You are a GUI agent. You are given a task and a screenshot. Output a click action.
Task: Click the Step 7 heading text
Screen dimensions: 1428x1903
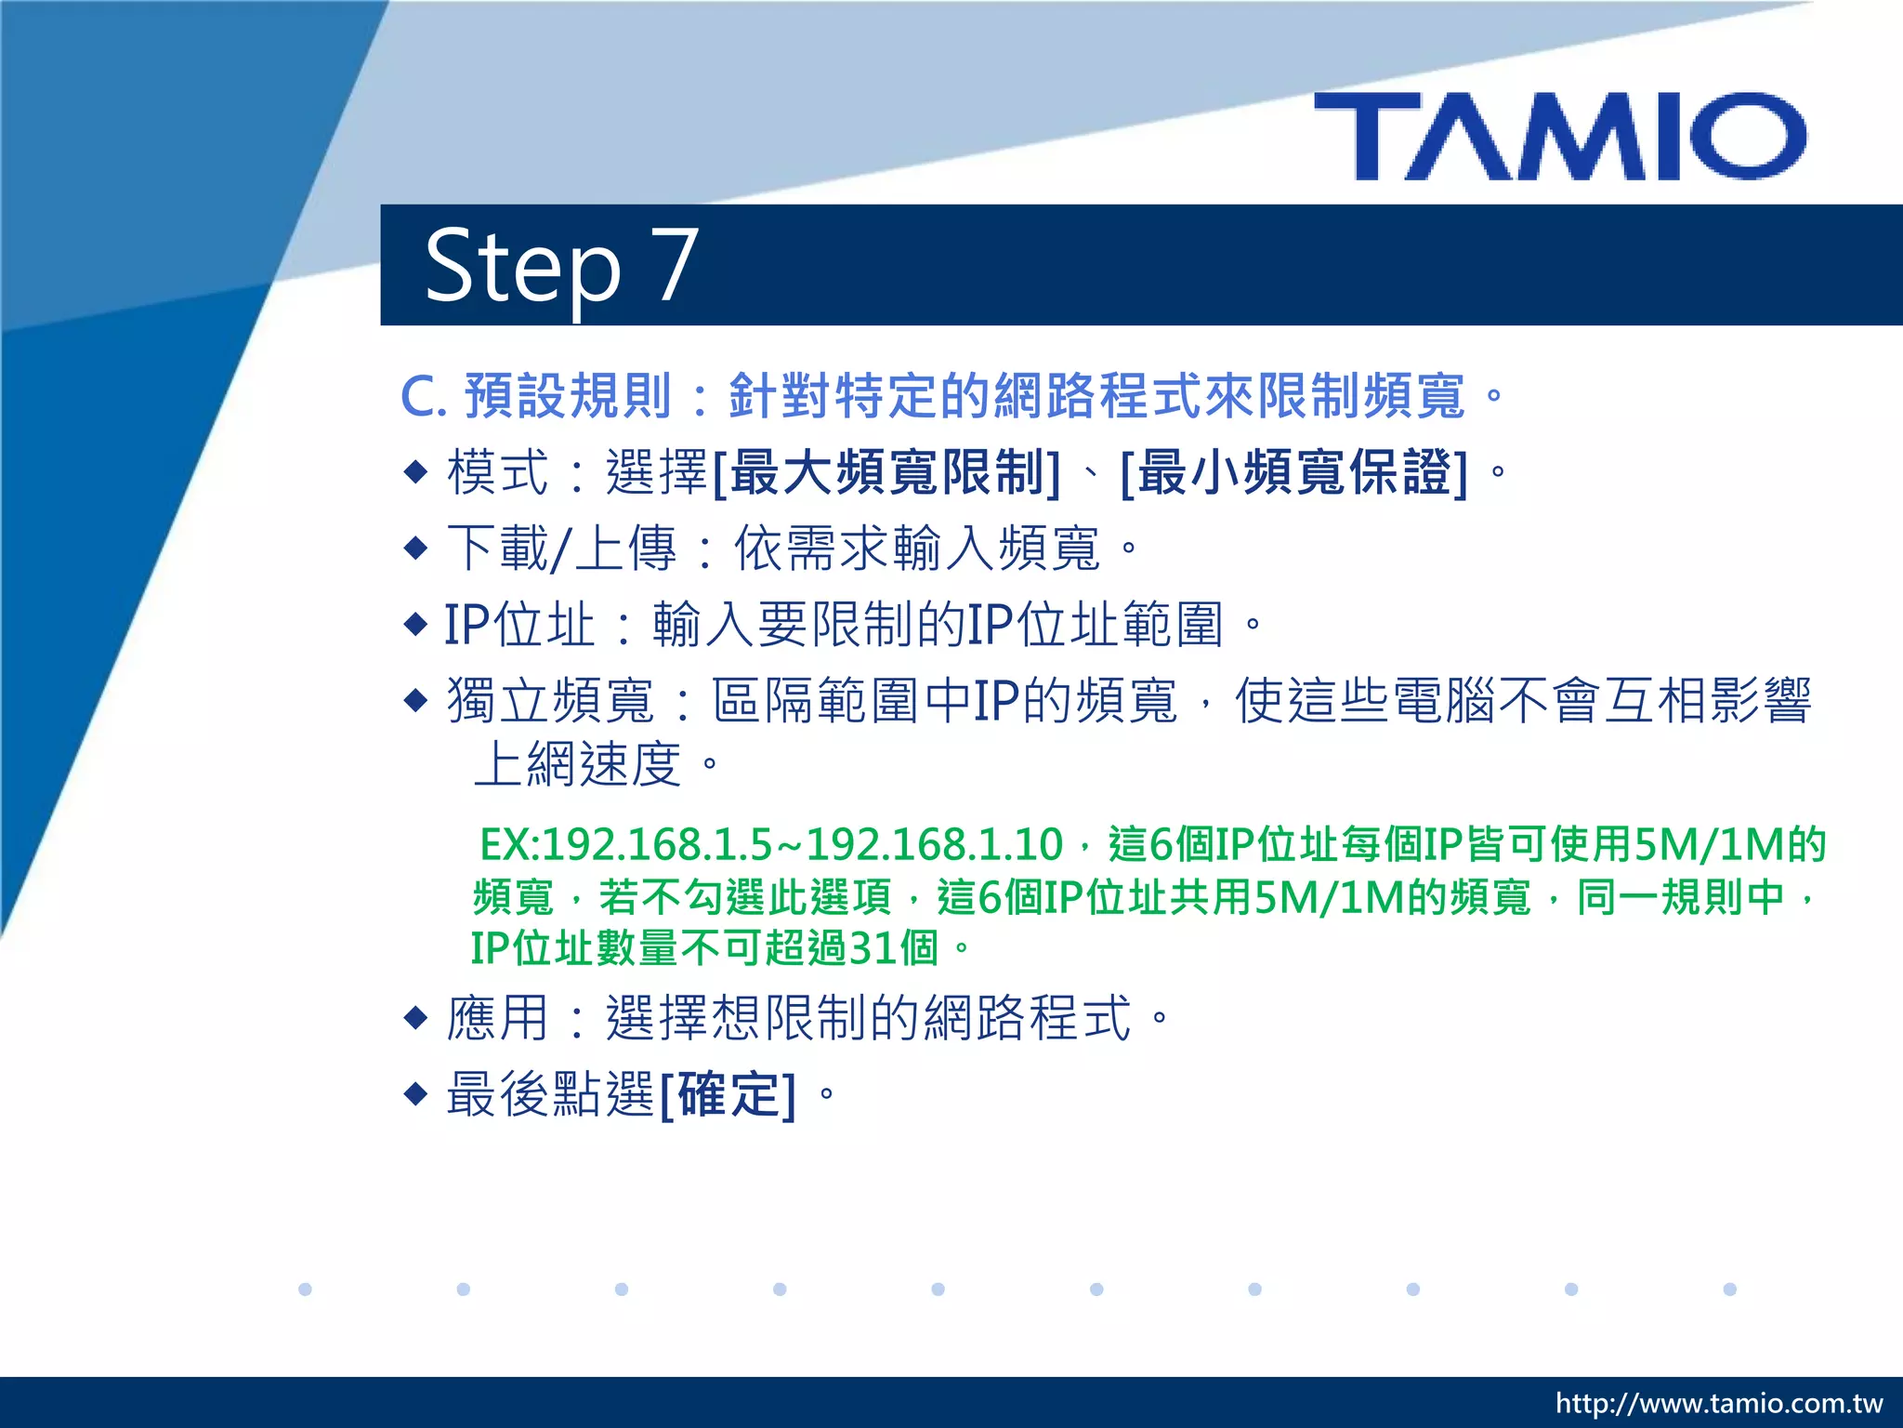(x=560, y=266)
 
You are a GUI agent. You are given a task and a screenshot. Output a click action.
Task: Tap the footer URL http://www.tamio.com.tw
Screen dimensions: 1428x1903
(x=1718, y=1403)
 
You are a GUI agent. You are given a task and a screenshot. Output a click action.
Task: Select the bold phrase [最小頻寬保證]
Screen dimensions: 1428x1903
(x=1293, y=473)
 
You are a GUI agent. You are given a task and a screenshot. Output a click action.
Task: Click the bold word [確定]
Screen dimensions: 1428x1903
(x=728, y=1095)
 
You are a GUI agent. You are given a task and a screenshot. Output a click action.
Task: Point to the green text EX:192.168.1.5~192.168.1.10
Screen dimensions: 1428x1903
(x=770, y=845)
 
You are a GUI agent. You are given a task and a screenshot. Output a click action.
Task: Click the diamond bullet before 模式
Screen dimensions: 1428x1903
(x=415, y=471)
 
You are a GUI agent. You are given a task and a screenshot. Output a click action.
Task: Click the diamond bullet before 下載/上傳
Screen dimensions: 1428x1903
(x=415, y=548)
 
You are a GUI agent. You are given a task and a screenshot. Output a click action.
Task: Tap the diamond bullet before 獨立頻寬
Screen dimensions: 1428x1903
(x=415, y=699)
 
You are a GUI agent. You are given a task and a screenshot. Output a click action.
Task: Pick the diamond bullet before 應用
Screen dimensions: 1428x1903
(x=415, y=1018)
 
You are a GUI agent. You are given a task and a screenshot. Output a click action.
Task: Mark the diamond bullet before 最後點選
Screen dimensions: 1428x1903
(x=415, y=1093)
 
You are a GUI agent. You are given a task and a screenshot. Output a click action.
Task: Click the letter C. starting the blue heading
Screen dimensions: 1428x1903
(x=424, y=397)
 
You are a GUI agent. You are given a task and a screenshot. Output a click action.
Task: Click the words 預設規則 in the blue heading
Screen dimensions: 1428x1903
(x=567, y=396)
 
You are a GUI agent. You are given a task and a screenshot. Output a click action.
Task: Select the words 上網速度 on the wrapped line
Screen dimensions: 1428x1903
(x=578, y=765)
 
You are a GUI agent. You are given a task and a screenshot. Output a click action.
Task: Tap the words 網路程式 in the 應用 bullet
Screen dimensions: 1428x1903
(x=1027, y=1018)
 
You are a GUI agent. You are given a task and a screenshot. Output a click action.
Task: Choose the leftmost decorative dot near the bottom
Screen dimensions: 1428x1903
(x=305, y=1289)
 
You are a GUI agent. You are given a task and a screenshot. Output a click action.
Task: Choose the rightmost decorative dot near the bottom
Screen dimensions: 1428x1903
(x=1729, y=1289)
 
